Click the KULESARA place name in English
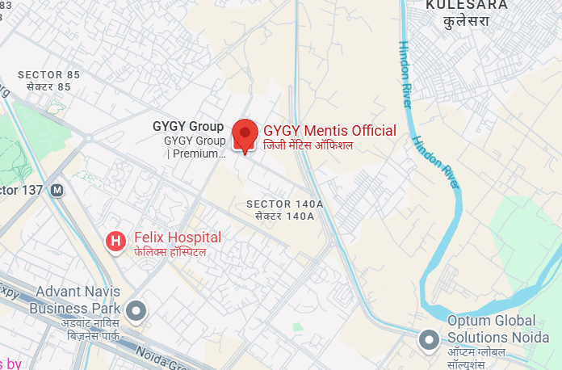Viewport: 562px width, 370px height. [x=468, y=5]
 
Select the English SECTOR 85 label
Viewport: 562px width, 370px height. [x=44, y=75]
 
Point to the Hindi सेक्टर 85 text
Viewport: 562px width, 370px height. [x=44, y=87]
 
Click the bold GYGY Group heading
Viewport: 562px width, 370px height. [x=188, y=126]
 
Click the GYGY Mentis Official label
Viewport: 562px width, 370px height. [x=329, y=131]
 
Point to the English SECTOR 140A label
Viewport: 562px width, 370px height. [x=284, y=204]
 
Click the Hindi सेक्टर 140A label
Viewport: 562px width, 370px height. [x=284, y=216]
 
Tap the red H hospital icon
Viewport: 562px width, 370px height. [x=117, y=240]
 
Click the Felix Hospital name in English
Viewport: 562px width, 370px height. [x=178, y=238]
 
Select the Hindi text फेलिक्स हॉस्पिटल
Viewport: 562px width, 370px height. [x=170, y=252]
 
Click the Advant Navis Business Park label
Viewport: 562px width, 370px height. [x=74, y=299]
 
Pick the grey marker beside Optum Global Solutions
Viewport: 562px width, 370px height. [x=430, y=340]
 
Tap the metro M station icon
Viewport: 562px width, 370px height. [x=57, y=191]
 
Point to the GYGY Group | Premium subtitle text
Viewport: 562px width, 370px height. [x=195, y=147]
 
